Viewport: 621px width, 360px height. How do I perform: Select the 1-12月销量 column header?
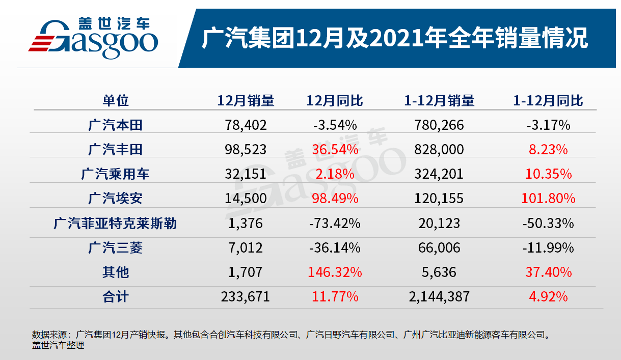click(439, 100)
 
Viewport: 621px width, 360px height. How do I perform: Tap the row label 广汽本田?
click(115, 125)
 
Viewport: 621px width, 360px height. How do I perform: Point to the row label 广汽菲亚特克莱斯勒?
click(115, 223)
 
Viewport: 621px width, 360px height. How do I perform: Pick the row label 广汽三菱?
click(115, 248)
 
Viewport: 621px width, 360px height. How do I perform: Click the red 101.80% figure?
click(548, 198)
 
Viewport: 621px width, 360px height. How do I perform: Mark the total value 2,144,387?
click(439, 297)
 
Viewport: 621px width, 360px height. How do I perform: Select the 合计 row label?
click(115, 297)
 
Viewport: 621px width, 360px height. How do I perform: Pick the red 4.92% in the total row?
click(548, 297)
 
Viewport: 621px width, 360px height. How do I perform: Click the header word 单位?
click(115, 100)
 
